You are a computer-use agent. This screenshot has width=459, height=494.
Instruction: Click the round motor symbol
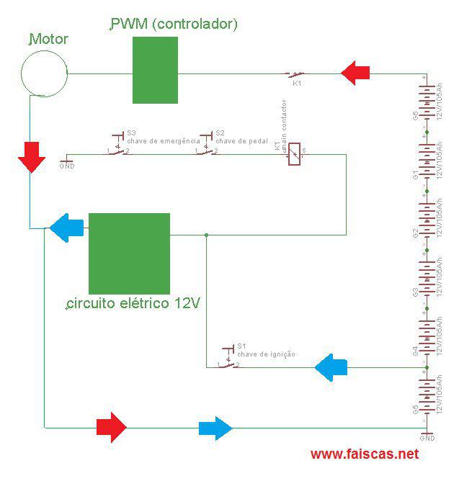tap(44, 73)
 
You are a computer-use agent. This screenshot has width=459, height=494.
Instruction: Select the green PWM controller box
tap(155, 70)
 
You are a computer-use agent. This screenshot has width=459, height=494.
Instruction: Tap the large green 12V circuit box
tap(129, 252)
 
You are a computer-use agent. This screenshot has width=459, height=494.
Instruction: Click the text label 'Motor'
tap(48, 39)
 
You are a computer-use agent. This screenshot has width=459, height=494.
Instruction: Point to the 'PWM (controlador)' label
tap(174, 24)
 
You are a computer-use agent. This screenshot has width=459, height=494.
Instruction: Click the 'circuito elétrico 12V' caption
tap(133, 303)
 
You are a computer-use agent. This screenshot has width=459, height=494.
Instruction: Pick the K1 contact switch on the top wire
tap(295, 74)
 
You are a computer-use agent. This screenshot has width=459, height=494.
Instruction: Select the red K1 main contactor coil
tap(294, 155)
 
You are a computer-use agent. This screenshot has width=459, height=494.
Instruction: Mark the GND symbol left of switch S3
tap(67, 161)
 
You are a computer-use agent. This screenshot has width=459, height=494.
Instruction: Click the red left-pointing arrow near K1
tap(355, 73)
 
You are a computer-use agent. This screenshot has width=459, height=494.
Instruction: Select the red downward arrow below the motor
tap(30, 158)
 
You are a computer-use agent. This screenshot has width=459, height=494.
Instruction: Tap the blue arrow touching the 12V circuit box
tap(67, 228)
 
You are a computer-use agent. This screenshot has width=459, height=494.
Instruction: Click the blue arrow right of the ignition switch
tap(331, 368)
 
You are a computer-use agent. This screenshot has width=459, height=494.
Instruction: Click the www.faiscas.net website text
tap(365, 454)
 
